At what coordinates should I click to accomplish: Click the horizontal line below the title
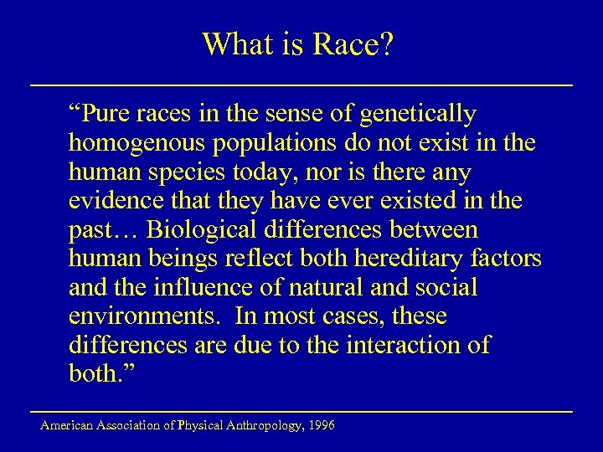(301, 85)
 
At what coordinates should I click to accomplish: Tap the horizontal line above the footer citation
(301, 412)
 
